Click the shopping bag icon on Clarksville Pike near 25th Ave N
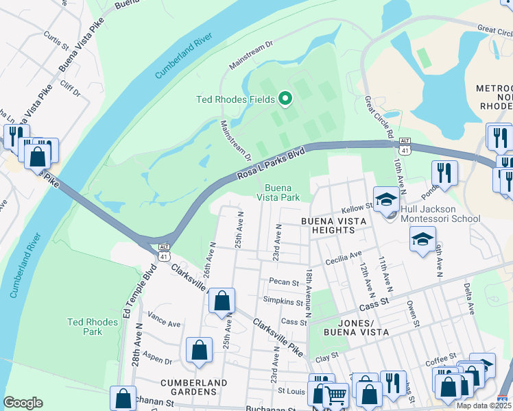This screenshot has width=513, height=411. click(222, 301)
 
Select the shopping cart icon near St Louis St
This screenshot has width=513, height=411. click(335, 395)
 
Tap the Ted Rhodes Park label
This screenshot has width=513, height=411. click(85, 327)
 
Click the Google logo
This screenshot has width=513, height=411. click(23, 403)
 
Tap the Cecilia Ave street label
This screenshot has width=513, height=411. click(345, 256)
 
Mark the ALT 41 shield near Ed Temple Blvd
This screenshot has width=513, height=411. click(164, 251)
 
